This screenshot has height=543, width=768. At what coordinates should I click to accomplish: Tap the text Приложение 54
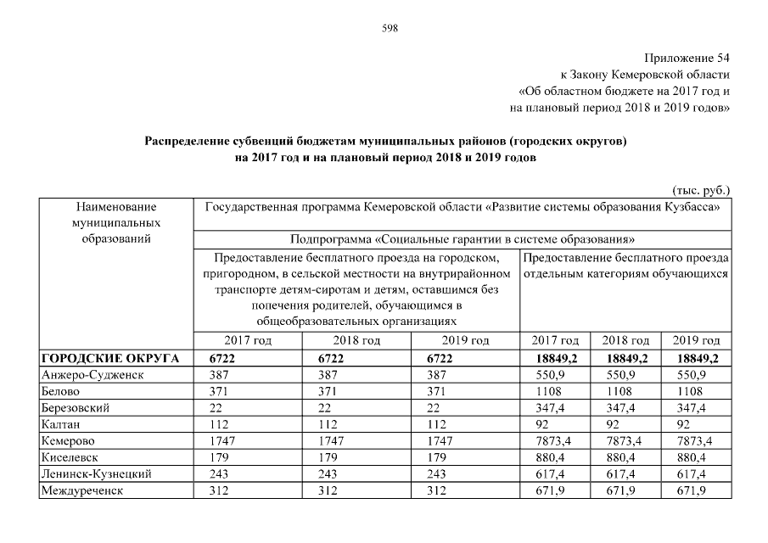point(687,59)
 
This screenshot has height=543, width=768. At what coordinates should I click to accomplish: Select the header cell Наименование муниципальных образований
point(117,221)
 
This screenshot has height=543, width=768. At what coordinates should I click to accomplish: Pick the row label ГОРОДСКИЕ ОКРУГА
point(110,359)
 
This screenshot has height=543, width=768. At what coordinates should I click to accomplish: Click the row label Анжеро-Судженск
point(93,375)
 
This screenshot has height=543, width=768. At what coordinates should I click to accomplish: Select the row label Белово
point(60,391)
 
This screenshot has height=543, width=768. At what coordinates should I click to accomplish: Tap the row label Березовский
point(76,408)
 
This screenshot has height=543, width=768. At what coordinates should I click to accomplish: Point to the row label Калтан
point(60,424)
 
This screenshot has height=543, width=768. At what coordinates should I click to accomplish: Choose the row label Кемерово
point(68,441)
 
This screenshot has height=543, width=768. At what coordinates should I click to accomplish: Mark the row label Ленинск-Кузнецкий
point(96,474)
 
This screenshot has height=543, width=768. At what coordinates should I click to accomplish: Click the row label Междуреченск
point(82,490)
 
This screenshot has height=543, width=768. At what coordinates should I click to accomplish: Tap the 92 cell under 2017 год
point(535,424)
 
